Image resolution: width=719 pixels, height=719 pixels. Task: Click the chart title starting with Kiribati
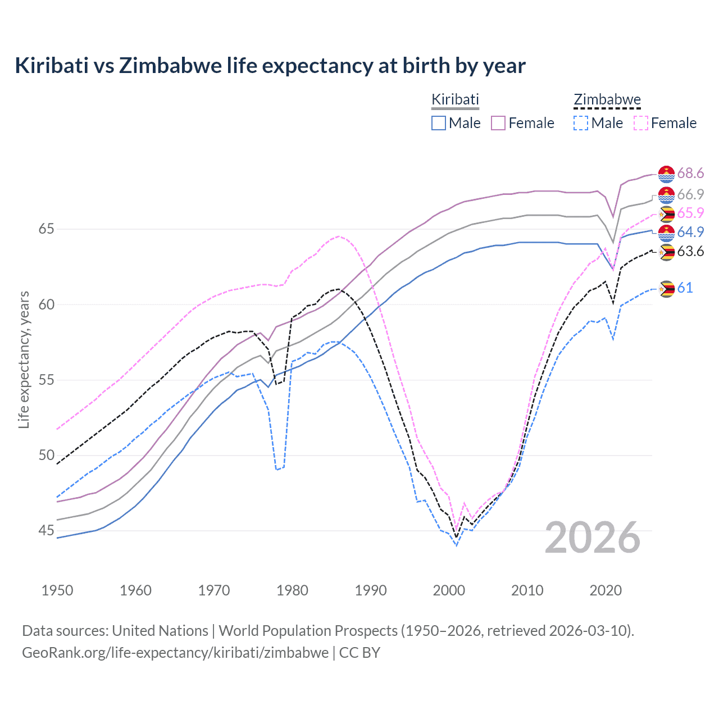(x=270, y=66)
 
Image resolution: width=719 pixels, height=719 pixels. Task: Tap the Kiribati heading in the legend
(x=455, y=99)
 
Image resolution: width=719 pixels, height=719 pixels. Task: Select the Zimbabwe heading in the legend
(x=607, y=99)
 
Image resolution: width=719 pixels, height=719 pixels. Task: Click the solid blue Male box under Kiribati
(x=439, y=123)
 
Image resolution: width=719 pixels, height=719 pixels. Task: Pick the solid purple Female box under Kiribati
(x=498, y=123)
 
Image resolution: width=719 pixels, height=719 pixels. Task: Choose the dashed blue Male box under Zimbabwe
(x=581, y=123)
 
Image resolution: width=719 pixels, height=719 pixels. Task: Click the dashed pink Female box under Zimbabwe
(x=641, y=123)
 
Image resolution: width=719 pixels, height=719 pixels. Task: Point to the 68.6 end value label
(x=690, y=174)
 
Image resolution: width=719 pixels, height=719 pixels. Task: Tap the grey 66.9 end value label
(x=690, y=194)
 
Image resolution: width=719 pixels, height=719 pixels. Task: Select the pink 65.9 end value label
(x=690, y=213)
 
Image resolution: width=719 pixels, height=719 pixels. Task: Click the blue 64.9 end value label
(x=690, y=232)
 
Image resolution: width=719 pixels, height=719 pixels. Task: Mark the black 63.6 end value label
(x=690, y=251)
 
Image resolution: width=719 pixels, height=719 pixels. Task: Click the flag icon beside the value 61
(x=666, y=289)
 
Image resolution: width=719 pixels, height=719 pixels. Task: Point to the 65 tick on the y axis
(x=47, y=229)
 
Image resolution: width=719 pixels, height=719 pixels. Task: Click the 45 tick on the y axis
(x=47, y=530)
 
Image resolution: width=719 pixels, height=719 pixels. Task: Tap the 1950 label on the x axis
(x=57, y=590)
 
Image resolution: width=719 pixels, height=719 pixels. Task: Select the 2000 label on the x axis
(x=449, y=590)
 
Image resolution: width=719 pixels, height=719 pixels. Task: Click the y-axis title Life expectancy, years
(x=24, y=359)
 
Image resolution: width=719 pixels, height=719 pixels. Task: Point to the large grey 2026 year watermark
(x=593, y=538)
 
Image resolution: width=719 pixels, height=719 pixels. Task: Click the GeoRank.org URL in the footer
(x=175, y=653)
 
